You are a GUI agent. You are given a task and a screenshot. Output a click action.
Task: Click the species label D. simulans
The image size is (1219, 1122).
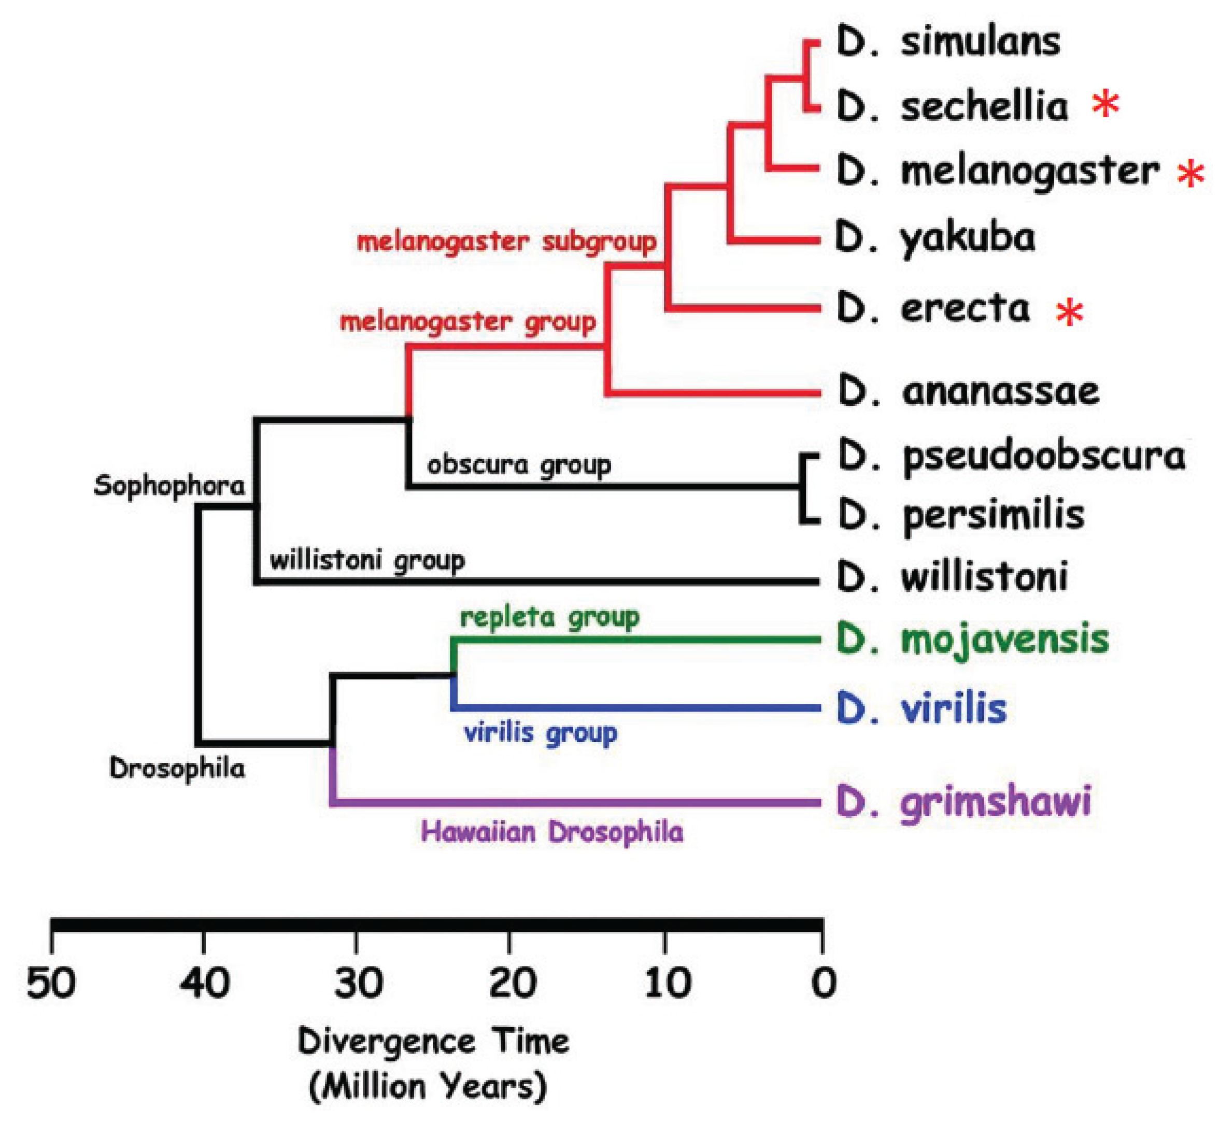click(x=948, y=42)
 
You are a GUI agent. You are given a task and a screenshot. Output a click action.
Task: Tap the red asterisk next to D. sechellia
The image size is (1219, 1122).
click(x=1105, y=105)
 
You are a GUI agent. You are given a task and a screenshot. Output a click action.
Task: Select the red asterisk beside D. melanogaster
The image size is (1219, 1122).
click(x=1190, y=174)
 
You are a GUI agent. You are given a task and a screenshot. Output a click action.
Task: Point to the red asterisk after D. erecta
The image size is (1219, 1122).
click(x=1069, y=312)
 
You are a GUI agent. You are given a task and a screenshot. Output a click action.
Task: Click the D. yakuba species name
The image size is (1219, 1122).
click(x=935, y=238)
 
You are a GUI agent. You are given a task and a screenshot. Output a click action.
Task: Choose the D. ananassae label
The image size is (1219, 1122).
click(x=969, y=392)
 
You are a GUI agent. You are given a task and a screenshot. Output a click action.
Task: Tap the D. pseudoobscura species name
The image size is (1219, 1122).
click(x=1011, y=457)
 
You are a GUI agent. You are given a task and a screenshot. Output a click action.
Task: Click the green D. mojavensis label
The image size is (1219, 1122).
click(x=972, y=640)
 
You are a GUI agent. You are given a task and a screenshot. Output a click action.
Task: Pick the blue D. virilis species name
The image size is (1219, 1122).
click(x=921, y=708)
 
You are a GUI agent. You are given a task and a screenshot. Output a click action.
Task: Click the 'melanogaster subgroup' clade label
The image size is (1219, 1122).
click(x=507, y=242)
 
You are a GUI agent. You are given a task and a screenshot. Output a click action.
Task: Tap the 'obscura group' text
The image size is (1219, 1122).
click(x=519, y=466)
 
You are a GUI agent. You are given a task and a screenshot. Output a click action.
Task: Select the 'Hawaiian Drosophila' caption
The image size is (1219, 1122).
click(x=552, y=832)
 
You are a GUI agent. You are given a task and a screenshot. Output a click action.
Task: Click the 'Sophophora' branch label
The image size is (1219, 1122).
click(x=169, y=486)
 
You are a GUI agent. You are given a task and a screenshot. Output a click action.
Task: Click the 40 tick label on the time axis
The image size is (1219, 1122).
click(x=205, y=983)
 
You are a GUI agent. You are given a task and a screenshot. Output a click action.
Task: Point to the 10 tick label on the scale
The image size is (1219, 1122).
click(x=667, y=983)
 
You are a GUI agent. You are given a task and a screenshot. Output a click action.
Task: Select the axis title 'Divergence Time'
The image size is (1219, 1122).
click(x=433, y=1042)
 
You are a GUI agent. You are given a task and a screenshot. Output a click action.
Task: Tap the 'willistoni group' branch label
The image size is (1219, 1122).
click(x=367, y=560)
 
